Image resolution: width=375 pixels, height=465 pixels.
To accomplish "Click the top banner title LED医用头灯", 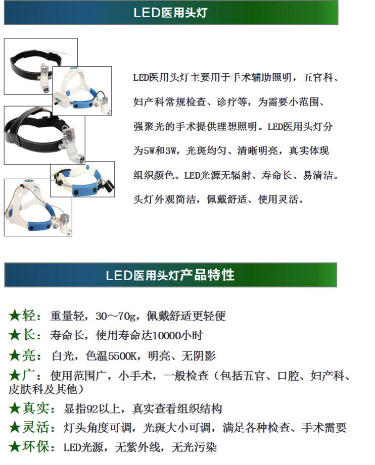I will coord(170,13).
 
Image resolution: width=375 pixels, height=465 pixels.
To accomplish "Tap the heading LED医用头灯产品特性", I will coord(170,275).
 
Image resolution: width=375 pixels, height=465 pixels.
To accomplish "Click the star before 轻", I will coord(15,316).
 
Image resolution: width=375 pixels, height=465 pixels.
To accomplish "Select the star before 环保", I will coord(15,447).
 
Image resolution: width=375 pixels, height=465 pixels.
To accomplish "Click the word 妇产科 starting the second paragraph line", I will coord(151,102).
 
